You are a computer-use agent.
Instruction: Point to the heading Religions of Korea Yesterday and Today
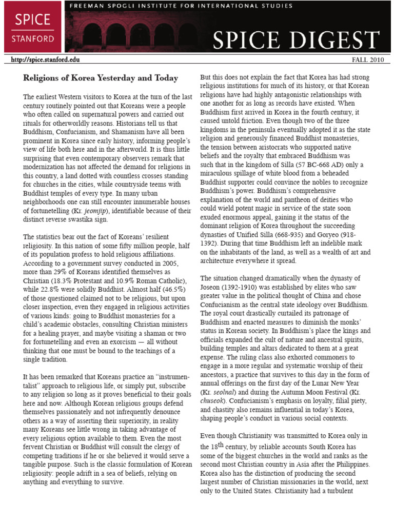101,78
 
